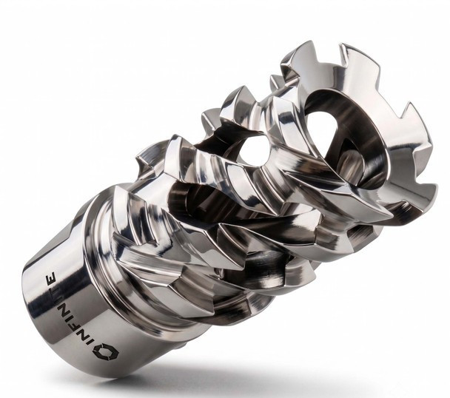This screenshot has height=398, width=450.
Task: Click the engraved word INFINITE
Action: (x=70, y=310)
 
